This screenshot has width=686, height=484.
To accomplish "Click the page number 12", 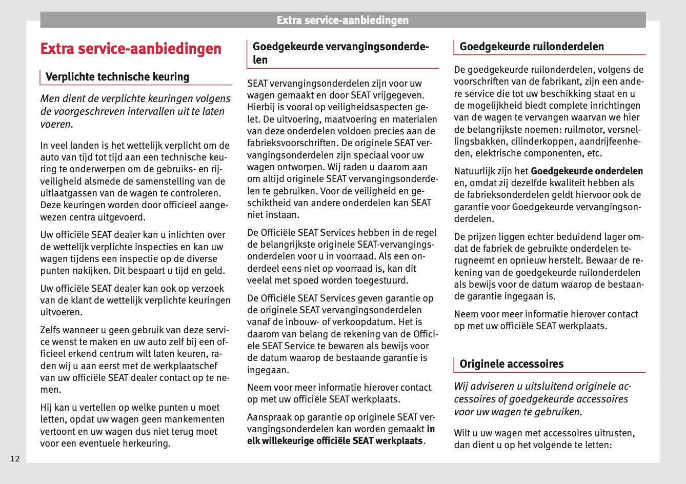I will click(15, 458).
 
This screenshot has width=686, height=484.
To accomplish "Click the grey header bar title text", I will click(342, 21).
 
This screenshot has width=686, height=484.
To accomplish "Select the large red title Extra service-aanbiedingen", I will click(131, 49).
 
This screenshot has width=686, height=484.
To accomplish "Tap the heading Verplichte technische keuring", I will click(117, 77).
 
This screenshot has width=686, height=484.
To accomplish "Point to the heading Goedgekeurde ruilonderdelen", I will click(532, 47).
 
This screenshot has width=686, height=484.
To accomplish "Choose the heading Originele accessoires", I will click(511, 364).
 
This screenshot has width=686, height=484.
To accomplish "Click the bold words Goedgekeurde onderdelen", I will click(587, 171).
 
